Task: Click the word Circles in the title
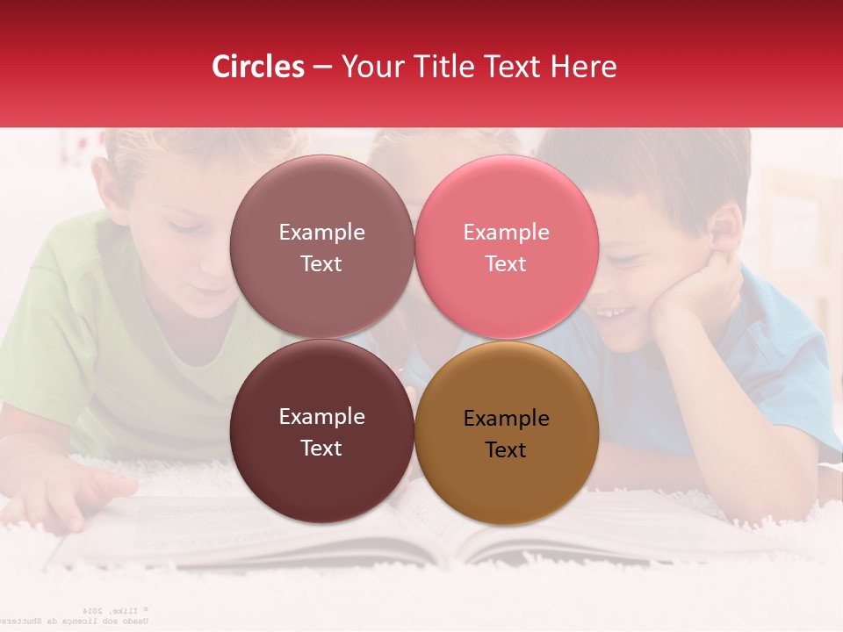258,67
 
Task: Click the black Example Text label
506,434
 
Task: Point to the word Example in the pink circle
506,232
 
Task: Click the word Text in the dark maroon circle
321,448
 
